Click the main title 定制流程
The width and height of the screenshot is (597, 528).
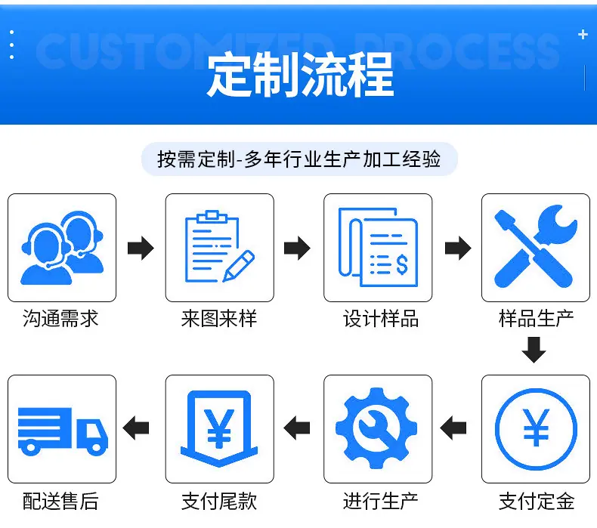click(x=300, y=75)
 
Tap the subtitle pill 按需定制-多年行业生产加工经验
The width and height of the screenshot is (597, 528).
click(x=299, y=159)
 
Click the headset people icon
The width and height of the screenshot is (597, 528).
click(x=62, y=248)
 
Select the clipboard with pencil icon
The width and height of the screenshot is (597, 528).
click(x=220, y=246)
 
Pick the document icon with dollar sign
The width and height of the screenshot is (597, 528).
click(x=378, y=247)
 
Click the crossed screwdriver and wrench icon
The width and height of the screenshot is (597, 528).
click(x=536, y=246)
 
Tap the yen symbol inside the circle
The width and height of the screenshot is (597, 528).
click(x=536, y=428)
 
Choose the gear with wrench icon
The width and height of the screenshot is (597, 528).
click(x=376, y=428)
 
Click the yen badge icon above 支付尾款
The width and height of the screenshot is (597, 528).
click(x=219, y=428)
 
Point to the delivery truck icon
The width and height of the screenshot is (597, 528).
click(x=63, y=431)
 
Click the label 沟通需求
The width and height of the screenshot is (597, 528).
click(x=60, y=318)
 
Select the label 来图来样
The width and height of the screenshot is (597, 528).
click(x=219, y=318)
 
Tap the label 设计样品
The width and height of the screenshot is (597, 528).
click(x=380, y=318)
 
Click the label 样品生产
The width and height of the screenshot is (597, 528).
click(x=536, y=318)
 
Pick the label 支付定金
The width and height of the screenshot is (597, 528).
click(x=536, y=501)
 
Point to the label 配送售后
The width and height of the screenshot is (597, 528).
click(x=60, y=501)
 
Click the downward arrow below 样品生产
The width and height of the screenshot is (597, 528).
click(x=534, y=350)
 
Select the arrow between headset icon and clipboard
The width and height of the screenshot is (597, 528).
click(x=141, y=248)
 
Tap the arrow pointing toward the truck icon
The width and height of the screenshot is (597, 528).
click(x=136, y=428)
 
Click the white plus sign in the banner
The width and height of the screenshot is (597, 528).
click(x=583, y=35)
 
